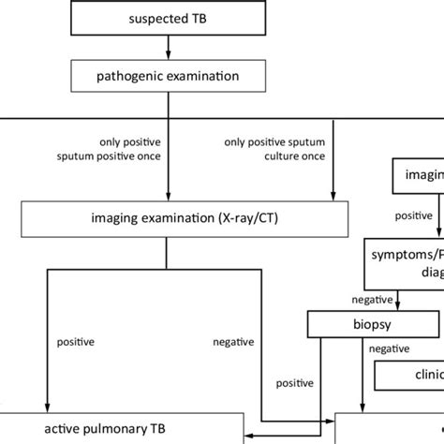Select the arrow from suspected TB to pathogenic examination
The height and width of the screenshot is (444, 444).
point(167,46)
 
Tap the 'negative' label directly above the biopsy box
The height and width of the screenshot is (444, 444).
point(371,301)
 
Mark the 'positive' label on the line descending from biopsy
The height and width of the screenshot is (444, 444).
point(293,383)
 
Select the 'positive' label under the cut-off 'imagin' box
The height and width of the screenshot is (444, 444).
point(413,215)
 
